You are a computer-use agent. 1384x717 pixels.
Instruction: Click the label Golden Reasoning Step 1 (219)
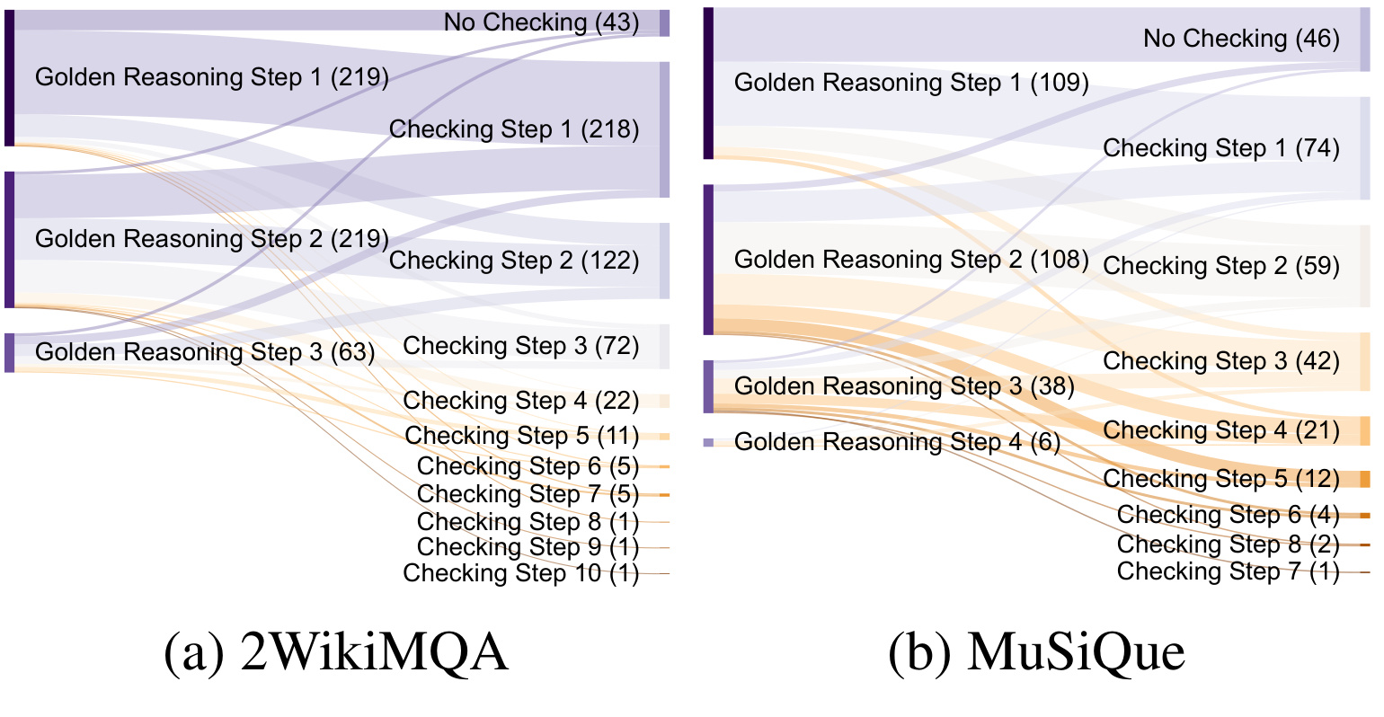click(x=212, y=77)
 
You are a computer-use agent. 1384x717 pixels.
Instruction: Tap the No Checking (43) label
click(x=541, y=22)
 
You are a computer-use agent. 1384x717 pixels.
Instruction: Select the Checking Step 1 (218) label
click(x=514, y=129)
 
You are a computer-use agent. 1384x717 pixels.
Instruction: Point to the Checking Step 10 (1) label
click(x=521, y=572)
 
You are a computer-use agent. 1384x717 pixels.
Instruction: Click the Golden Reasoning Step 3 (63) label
click(x=205, y=352)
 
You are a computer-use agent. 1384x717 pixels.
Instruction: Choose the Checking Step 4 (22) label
click(x=521, y=400)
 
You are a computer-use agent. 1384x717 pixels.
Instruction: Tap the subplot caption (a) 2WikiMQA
click(x=336, y=652)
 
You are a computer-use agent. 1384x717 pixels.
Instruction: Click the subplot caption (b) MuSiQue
click(x=1037, y=652)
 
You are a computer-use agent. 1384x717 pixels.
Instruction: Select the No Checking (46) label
click(x=1241, y=39)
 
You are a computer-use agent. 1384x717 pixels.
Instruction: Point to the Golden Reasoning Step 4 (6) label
click(x=897, y=441)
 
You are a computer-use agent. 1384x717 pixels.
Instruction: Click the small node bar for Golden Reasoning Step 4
click(x=709, y=442)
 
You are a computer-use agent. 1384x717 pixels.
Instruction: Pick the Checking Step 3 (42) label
click(x=1221, y=360)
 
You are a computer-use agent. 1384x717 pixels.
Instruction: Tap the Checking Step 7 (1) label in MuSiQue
click(x=1229, y=571)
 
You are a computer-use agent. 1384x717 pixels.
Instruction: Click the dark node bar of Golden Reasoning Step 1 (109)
click(x=709, y=84)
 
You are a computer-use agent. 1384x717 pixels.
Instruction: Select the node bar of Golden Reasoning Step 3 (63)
click(x=9, y=352)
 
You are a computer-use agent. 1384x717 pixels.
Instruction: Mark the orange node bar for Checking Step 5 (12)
click(x=1365, y=479)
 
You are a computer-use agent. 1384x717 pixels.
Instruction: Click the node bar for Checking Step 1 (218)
click(x=665, y=129)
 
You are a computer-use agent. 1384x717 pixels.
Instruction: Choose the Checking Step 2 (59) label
click(x=1221, y=266)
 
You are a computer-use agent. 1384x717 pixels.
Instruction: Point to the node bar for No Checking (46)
click(x=1365, y=40)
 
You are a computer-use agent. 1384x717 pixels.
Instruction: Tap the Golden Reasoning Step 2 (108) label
click(x=911, y=260)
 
